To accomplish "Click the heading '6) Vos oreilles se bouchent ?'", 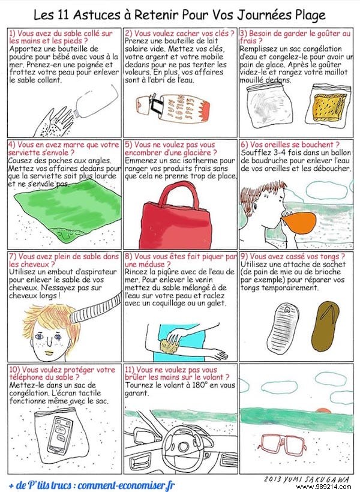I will pos(289,145).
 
